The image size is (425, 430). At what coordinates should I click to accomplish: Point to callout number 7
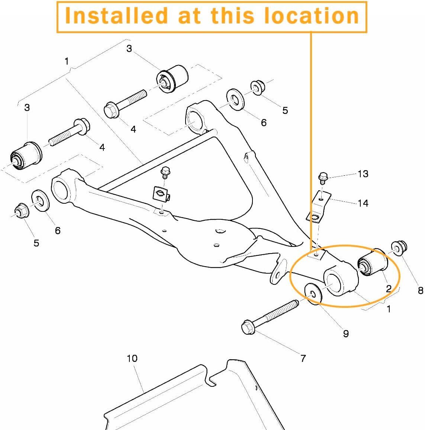point(303,358)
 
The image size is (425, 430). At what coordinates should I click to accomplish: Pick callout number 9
point(346,334)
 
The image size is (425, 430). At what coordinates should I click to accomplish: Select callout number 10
point(132,358)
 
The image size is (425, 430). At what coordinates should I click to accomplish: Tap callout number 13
point(363,173)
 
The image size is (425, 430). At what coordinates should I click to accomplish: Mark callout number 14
point(363,203)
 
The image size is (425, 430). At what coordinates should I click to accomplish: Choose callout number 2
point(389,289)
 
